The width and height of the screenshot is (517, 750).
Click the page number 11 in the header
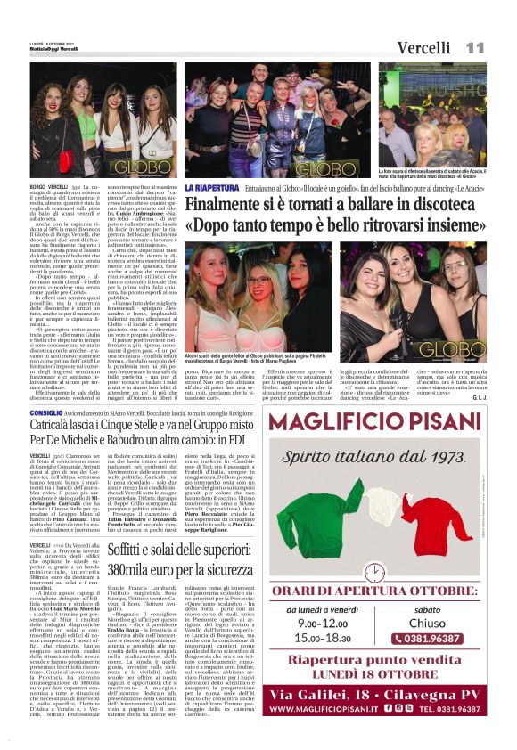pos(474,46)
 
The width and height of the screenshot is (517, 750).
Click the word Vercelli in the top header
pos(424,47)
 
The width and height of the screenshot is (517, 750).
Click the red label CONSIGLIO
pos(46,414)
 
